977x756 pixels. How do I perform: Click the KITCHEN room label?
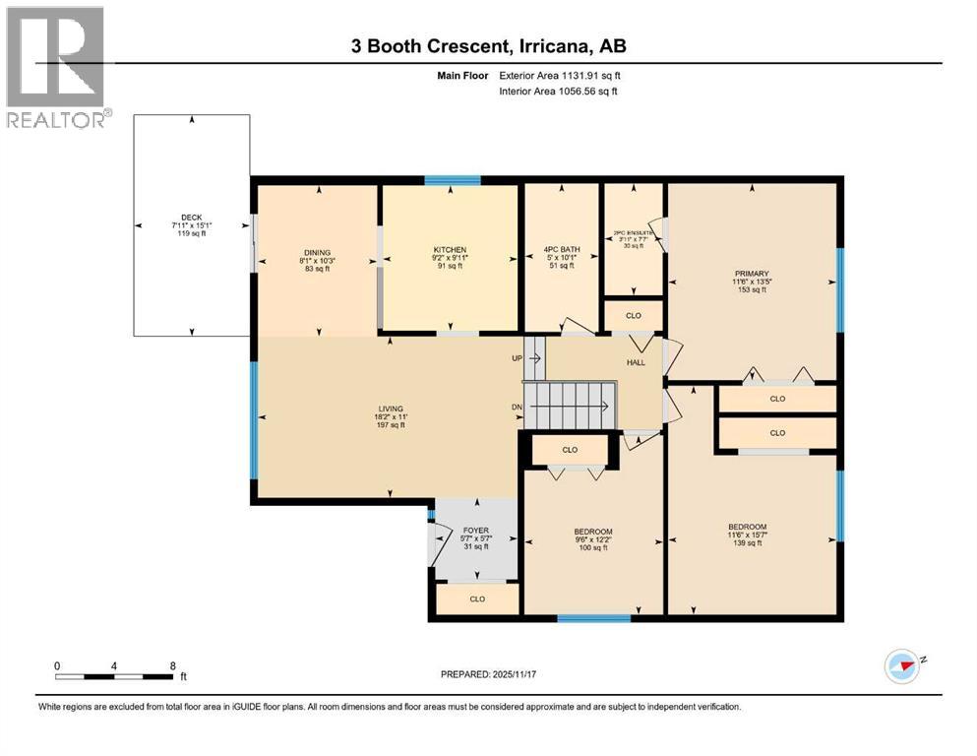450,250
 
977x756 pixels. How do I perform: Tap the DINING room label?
317,252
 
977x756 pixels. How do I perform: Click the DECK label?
191,218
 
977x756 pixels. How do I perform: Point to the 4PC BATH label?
561,250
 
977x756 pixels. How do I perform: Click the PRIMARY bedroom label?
751,274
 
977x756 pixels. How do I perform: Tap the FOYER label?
476,532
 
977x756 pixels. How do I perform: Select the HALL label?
636,362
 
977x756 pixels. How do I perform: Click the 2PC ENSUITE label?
634,233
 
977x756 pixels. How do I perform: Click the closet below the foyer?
477,598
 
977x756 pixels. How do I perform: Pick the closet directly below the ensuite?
634,316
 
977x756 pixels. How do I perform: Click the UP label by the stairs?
517,358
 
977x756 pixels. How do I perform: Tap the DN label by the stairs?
517,407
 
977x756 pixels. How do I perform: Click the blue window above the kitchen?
452,180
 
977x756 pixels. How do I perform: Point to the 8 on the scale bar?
173,664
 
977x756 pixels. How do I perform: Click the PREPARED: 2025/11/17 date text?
489,674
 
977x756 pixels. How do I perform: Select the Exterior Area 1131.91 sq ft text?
565,75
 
